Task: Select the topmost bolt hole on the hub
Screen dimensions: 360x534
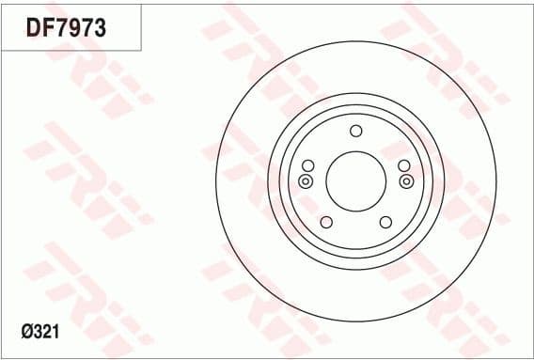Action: [x=355, y=131]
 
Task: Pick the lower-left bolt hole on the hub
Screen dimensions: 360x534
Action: [x=326, y=222]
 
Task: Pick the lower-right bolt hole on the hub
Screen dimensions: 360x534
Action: [x=385, y=222]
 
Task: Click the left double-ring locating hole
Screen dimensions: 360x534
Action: [x=306, y=180]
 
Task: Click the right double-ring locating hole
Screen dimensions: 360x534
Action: [x=406, y=180]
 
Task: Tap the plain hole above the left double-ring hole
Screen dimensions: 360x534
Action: [x=306, y=166]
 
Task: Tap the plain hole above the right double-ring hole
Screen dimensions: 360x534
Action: [x=404, y=166]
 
